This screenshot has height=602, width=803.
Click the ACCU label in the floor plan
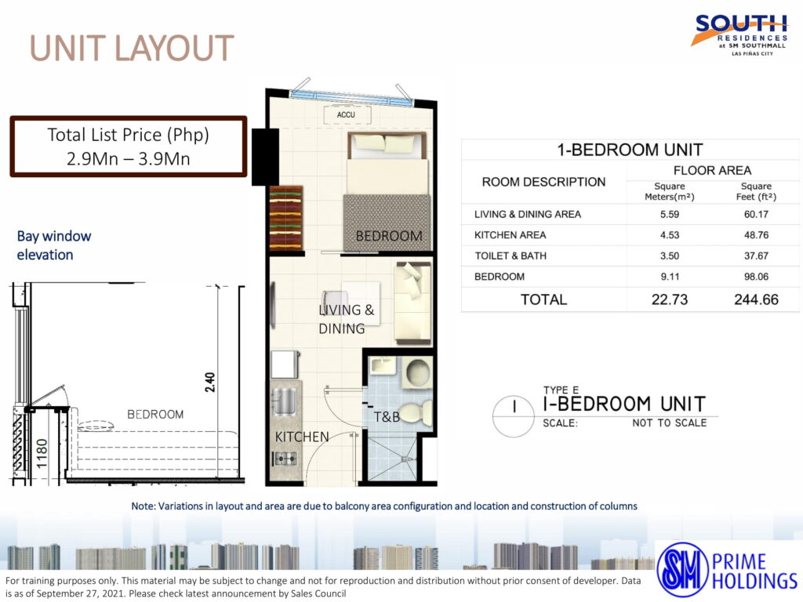point(346,114)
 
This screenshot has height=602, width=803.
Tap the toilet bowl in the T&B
point(415,413)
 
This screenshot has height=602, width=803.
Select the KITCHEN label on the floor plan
point(302,437)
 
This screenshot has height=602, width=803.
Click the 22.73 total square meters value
point(670,299)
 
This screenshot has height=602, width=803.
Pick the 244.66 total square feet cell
point(756,299)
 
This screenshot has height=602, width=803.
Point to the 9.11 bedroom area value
point(670,277)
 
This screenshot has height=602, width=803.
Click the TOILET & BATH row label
point(510,256)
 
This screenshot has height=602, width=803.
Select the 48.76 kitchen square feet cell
point(756,235)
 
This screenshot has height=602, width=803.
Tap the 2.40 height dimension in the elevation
point(210,382)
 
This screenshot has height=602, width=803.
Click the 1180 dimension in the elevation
point(42,453)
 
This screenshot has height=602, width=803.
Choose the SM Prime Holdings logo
point(727,569)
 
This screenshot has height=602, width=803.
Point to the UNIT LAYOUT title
point(132,48)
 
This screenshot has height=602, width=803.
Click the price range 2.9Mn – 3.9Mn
point(128,158)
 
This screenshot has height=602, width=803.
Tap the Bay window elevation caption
point(54,245)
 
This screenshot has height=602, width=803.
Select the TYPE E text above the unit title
point(561,390)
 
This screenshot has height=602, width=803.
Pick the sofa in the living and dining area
point(412,303)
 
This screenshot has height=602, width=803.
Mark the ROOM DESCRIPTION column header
point(543,182)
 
